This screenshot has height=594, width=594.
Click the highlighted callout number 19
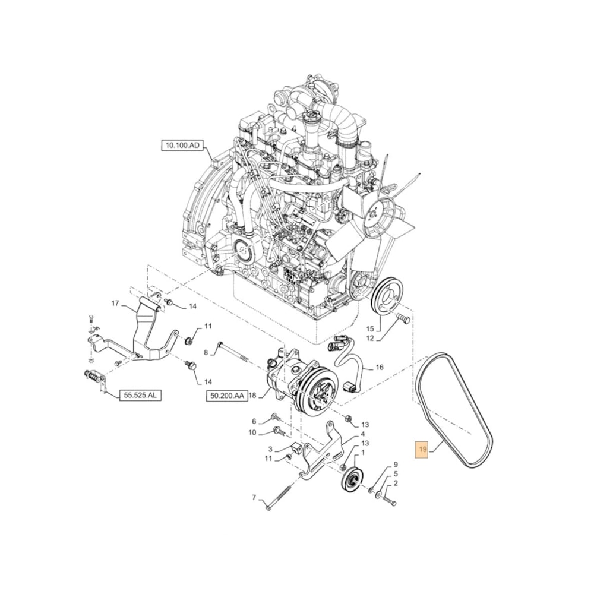click(422, 450)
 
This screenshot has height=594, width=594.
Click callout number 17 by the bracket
click(116, 304)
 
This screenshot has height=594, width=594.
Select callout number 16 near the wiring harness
click(379, 367)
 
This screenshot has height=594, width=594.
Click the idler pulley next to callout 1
click(349, 479)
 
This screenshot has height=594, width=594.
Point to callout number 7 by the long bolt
click(254, 498)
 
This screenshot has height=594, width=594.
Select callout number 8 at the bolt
click(206, 352)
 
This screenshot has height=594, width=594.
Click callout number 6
click(254, 421)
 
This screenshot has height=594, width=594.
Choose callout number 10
click(252, 432)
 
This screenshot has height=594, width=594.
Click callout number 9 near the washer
click(395, 465)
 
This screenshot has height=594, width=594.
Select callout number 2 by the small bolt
click(395, 484)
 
